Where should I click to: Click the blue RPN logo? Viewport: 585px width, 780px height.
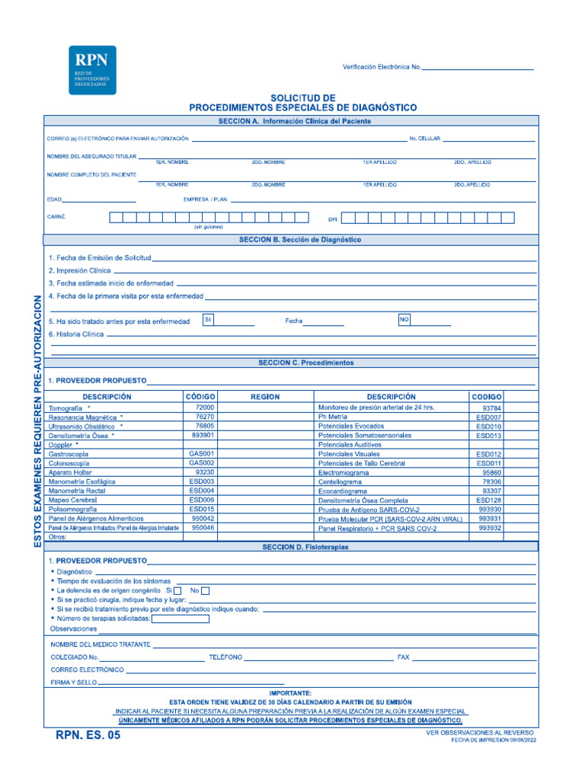92,70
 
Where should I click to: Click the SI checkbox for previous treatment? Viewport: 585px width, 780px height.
207,320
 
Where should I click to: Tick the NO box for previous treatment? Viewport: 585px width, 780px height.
404,320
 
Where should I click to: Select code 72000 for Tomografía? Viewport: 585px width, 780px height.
204,408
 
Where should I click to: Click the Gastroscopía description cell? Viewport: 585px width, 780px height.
69,454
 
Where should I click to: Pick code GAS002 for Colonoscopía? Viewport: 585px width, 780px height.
202,463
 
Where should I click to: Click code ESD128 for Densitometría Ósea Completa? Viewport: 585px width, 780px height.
488,500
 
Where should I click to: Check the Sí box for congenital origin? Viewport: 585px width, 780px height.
177,591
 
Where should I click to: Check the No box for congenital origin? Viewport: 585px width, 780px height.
206,591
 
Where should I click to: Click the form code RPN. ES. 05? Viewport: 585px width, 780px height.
88,735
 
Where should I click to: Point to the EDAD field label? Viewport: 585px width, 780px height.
55,200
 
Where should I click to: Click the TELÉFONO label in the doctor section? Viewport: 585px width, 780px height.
225,657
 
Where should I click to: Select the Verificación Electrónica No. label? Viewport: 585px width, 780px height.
382,68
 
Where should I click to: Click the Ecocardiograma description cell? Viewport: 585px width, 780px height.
344,491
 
